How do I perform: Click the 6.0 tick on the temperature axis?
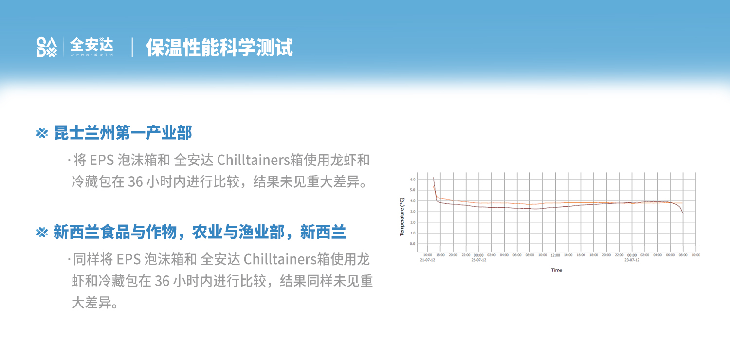click(412, 180)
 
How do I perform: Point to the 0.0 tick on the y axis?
click(412, 244)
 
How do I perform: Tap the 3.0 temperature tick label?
click(412, 212)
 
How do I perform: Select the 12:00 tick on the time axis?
click(555, 255)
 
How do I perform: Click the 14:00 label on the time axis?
click(568, 255)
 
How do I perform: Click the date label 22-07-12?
click(478, 260)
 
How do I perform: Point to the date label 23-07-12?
click(632, 260)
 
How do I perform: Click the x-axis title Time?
click(556, 270)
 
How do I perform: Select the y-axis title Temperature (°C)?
click(402, 216)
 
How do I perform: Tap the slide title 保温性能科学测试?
click(219, 48)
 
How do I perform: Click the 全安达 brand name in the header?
click(91, 45)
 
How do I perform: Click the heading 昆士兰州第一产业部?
click(123, 132)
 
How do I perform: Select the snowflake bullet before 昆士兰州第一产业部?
click(42, 133)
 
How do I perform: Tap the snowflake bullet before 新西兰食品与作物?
click(42, 233)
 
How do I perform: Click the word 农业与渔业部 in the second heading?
click(238, 233)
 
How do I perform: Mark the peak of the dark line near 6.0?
click(433, 178)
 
